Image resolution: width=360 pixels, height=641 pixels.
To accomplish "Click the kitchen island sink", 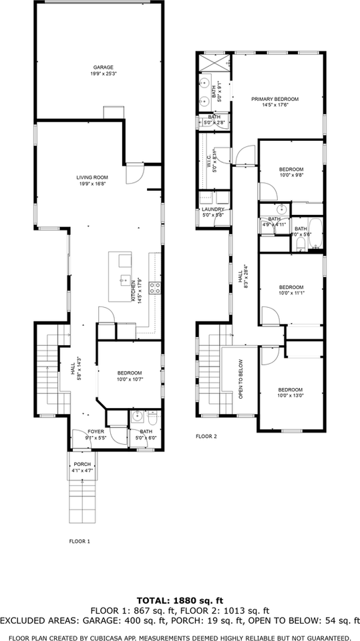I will coord(123,278).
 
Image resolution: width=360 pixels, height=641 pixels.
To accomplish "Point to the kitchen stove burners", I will coord(154,288).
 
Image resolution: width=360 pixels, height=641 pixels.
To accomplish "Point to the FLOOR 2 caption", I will coord(206,437).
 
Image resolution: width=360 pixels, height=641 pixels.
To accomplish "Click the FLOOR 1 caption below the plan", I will coord(79,541).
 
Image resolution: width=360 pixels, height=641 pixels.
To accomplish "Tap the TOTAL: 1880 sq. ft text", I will coord(180,600).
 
